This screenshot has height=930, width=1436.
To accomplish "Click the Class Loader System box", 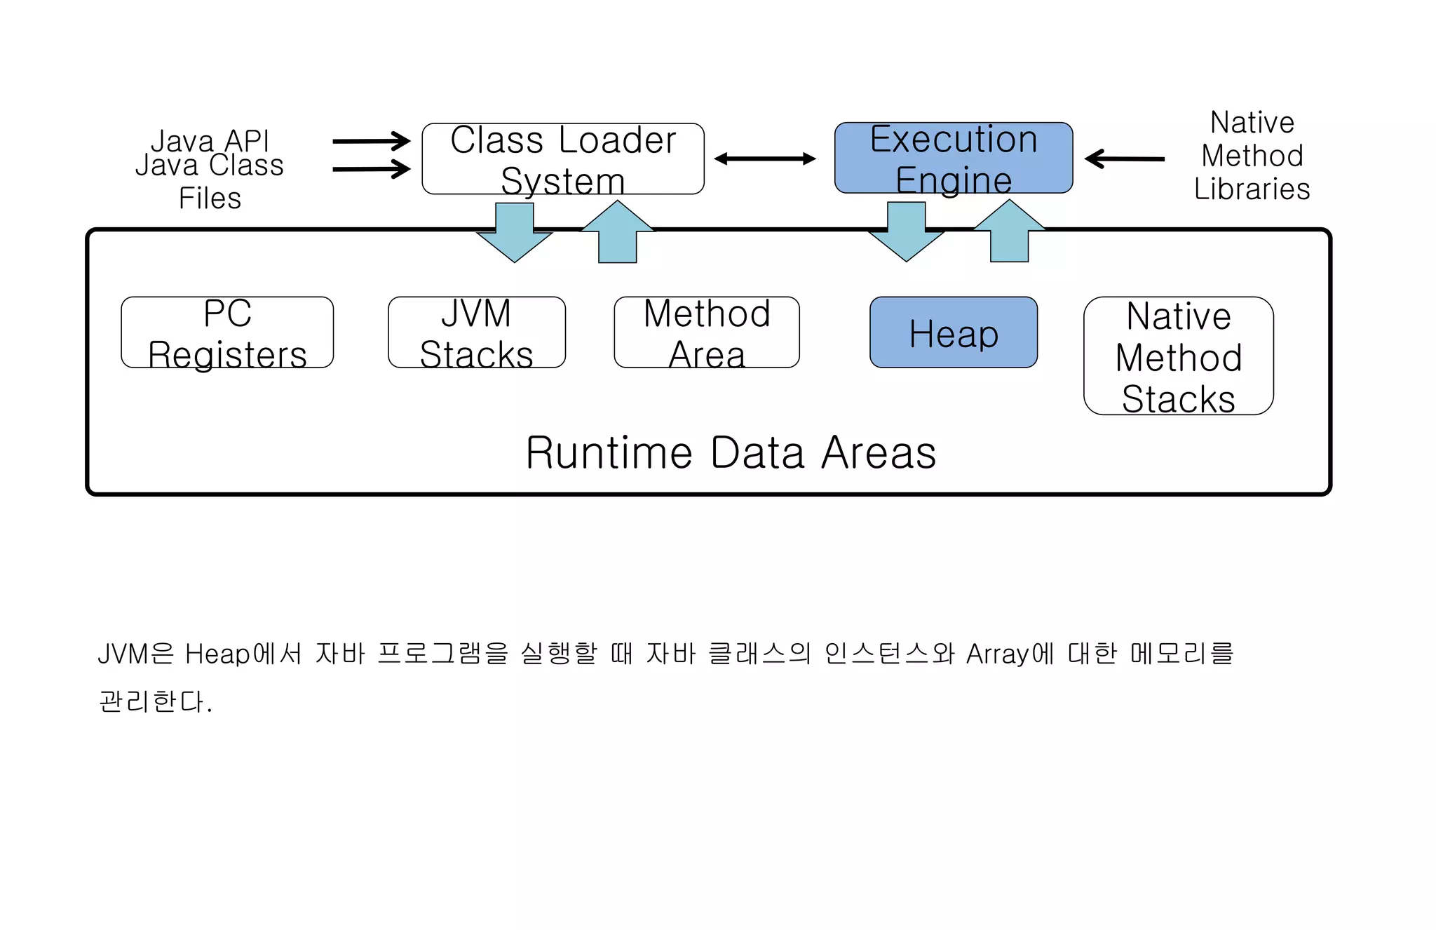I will click(562, 159).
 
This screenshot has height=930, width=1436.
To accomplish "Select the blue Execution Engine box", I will click(953, 159).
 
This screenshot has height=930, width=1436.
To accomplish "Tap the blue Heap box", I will click(953, 332).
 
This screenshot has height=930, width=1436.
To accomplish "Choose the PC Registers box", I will click(227, 332).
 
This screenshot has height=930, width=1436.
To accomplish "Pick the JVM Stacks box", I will click(476, 332).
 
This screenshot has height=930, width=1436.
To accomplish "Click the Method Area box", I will click(706, 332).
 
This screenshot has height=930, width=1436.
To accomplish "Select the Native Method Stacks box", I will click(1178, 356).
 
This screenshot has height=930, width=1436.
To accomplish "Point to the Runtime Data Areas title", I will click(731, 453).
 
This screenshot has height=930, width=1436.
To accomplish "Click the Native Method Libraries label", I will click(1252, 156).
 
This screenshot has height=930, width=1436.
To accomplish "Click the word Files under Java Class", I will click(210, 198).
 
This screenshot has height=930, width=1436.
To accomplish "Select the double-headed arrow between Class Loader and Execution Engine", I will click(765, 159).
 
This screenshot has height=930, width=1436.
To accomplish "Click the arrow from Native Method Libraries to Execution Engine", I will click(1125, 159).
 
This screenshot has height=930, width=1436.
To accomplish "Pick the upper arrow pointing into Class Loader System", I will click(372, 141).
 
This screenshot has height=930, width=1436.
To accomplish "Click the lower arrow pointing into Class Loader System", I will click(372, 169).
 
